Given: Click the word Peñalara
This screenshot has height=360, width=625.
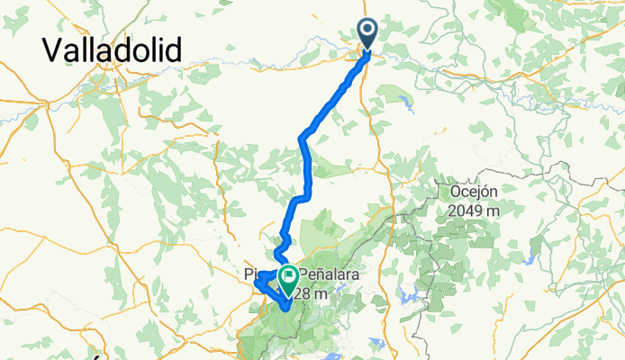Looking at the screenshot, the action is [x=330, y=273].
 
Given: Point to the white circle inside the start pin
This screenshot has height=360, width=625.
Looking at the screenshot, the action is [x=368, y=30].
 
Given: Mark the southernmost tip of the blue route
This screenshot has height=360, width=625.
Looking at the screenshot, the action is [x=285, y=310].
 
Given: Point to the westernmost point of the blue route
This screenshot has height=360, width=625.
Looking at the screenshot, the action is [x=256, y=283].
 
